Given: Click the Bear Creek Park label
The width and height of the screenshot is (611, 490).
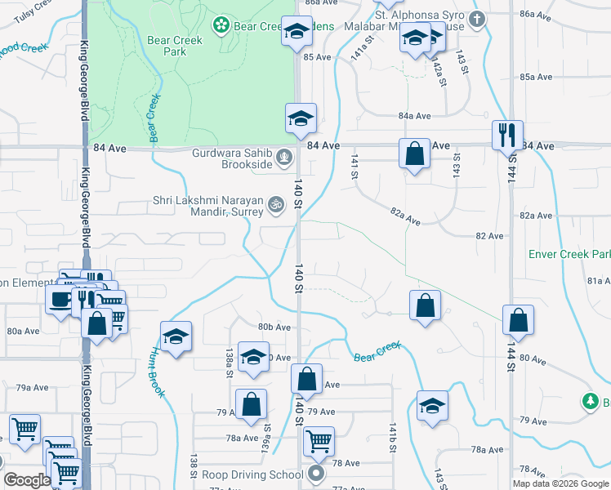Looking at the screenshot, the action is (x=167, y=45).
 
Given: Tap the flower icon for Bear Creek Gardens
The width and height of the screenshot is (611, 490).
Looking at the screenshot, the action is (x=220, y=27).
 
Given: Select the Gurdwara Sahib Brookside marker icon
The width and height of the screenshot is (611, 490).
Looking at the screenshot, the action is (x=283, y=155).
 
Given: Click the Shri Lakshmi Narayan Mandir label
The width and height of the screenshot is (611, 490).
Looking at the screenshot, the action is (x=208, y=205).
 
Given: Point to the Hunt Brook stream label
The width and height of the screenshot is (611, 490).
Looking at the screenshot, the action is (x=157, y=372).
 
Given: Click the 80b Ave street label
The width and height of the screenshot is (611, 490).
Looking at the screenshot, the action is (x=274, y=327).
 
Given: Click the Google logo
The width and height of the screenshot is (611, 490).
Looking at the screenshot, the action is (x=27, y=480).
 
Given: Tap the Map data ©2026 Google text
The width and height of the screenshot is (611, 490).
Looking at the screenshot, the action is (x=561, y=483).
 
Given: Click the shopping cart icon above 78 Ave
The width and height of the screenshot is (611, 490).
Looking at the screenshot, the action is (x=319, y=441).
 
